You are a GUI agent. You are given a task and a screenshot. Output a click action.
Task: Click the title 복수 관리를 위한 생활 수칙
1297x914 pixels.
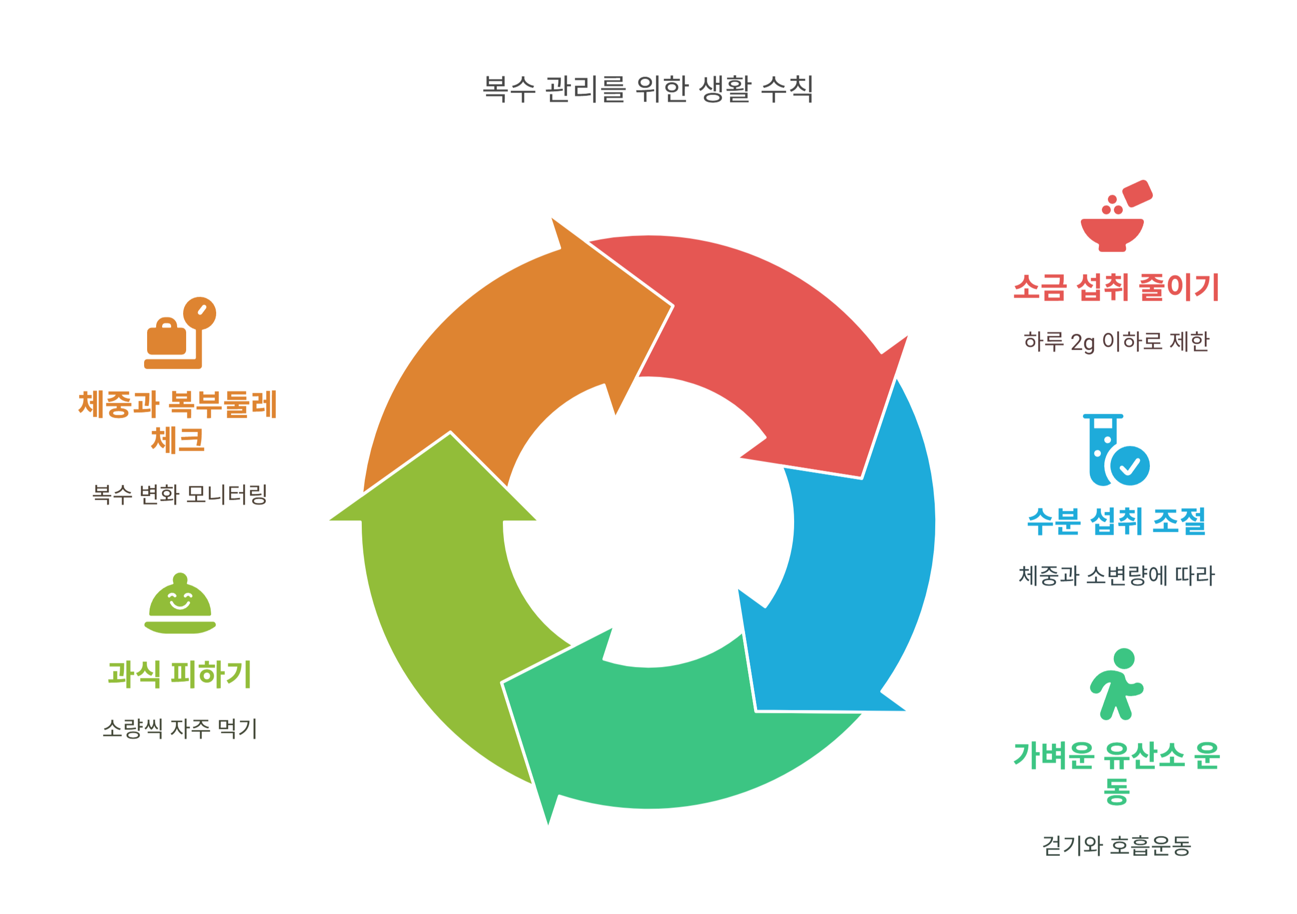coord(648,89)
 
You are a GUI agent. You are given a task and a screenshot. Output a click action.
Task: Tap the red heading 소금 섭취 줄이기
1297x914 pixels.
coord(1116,288)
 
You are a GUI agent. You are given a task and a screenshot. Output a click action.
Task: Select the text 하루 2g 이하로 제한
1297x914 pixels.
coord(1116,342)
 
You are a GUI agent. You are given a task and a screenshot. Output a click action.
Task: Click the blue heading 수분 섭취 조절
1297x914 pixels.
coord(1116,521)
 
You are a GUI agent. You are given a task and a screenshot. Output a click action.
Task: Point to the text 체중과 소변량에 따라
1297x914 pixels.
coord(1116,576)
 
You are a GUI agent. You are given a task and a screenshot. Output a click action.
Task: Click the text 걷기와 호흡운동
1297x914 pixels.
coord(1116,845)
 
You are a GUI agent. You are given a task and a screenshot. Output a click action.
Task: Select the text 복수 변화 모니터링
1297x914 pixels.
coord(180,494)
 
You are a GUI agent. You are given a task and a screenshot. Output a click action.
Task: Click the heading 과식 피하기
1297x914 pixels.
coord(180,674)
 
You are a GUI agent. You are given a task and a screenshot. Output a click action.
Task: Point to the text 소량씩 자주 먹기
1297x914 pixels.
coord(180,728)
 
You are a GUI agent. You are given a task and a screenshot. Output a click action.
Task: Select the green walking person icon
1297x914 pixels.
coord(1116,684)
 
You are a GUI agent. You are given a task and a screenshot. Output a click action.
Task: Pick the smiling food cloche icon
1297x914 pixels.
coord(180,604)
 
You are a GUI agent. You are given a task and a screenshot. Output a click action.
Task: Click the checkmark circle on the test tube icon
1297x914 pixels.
coord(1130,466)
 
